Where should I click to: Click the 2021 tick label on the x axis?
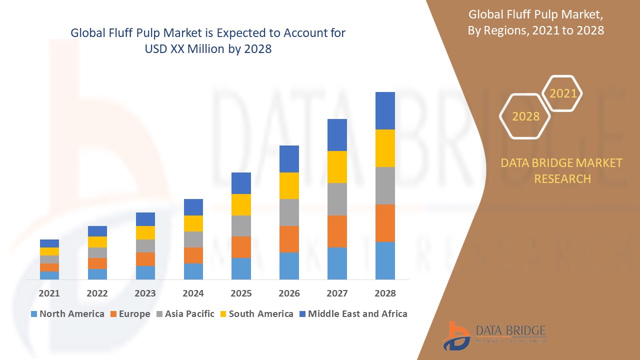click(x=49, y=293)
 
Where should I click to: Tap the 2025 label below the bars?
click(x=241, y=293)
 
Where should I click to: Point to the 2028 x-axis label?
click(x=385, y=293)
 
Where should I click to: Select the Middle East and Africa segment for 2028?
click(x=385, y=110)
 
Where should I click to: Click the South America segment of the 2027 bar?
click(x=337, y=167)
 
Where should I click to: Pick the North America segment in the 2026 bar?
click(x=289, y=265)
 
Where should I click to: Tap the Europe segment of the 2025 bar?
click(x=241, y=247)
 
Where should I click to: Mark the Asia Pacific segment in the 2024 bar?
click(x=193, y=239)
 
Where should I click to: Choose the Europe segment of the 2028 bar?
click(x=385, y=223)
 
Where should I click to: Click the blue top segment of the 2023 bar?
click(x=145, y=219)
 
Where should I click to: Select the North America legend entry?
click(x=67, y=314)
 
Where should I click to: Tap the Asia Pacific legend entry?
click(x=184, y=314)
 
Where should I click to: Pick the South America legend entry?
click(x=256, y=314)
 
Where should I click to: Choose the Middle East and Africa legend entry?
click(x=353, y=314)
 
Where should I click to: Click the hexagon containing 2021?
click(x=563, y=93)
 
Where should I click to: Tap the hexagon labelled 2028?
click(x=525, y=116)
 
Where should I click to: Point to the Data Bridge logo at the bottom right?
click(x=495, y=335)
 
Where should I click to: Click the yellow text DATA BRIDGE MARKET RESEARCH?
click(x=562, y=170)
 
